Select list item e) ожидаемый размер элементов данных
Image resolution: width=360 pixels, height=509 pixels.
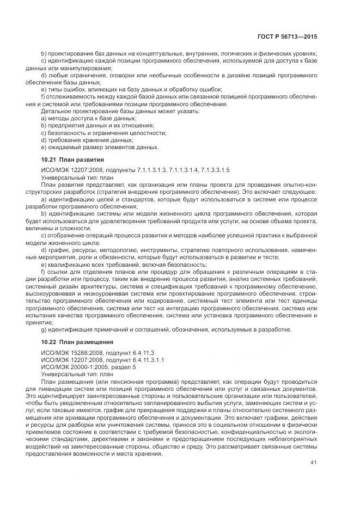point(100,146)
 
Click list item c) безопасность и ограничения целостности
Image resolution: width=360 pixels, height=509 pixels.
point(103,132)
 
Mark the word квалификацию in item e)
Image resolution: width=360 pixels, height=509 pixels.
point(66,264)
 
